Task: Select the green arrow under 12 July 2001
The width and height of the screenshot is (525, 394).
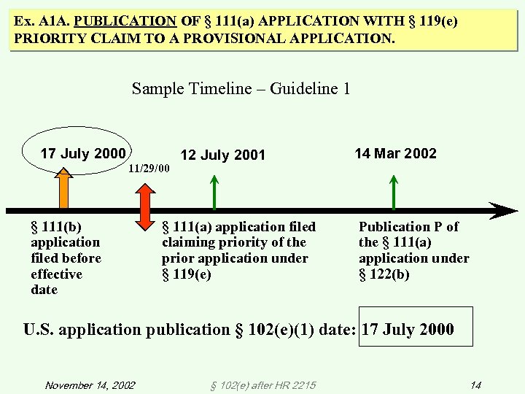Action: coord(214,193)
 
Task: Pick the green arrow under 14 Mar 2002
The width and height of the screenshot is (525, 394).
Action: coord(394,193)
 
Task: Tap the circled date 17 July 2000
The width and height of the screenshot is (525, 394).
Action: coord(82,153)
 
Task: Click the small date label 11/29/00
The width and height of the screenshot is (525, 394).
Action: coord(148,169)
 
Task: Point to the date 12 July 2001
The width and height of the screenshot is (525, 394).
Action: coord(222,155)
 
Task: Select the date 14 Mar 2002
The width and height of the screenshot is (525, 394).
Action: coord(395,153)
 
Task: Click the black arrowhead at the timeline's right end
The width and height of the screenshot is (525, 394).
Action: coord(503,211)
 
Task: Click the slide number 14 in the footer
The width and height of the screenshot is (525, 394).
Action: coord(475,385)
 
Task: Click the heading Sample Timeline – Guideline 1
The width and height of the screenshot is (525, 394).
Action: coord(241,88)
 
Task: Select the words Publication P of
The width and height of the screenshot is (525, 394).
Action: coord(408,227)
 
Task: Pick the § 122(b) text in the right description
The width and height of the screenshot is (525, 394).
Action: coord(384,274)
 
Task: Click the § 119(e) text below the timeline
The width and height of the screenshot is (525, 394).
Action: coord(187,274)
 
